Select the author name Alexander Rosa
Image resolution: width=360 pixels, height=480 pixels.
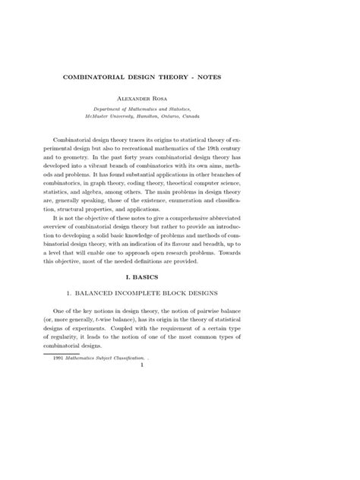(x=180, y=98)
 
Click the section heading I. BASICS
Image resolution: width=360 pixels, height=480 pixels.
(x=180, y=300)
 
